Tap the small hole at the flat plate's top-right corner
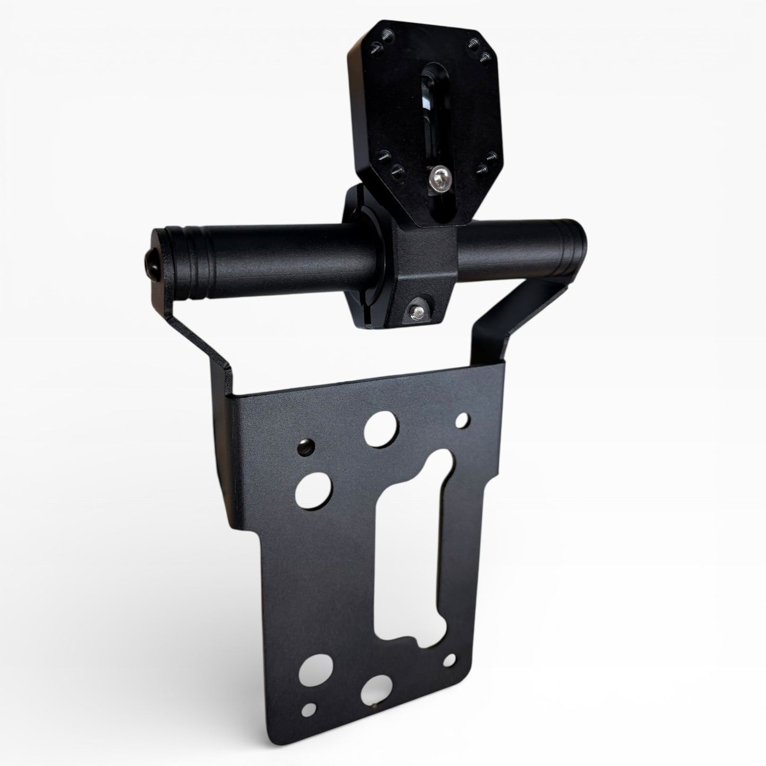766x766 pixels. coord(463,420)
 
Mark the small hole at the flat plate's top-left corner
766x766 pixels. coord(305,446)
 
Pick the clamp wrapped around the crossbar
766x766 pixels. coord(403,265)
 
